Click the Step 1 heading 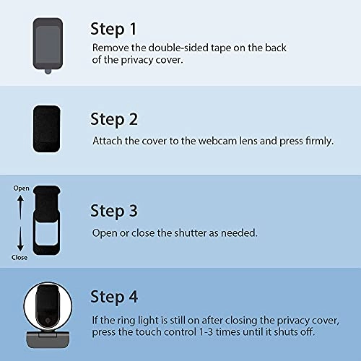113,30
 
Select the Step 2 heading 114,119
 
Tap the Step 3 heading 114,211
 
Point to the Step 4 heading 114,297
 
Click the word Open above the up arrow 21,188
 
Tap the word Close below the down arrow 19,257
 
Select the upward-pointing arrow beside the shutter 20,207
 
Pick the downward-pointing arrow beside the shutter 20,239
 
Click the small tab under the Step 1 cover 48,71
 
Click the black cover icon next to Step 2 46,129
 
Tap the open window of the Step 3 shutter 46,232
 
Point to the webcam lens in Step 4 48,321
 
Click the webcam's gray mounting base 48,339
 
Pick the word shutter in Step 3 190,233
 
